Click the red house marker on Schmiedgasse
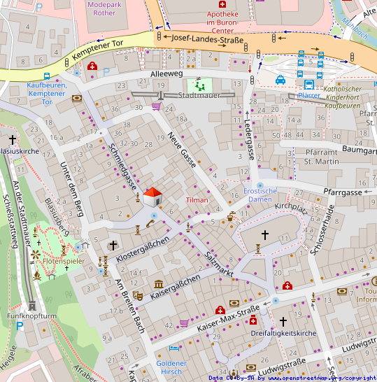(x=152, y=197)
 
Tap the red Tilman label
(x=197, y=199)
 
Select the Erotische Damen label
(x=260, y=195)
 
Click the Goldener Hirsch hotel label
(x=171, y=367)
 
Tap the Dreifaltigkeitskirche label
(x=284, y=334)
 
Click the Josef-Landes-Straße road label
(x=207, y=40)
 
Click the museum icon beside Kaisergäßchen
(x=159, y=284)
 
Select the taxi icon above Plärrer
(x=280, y=80)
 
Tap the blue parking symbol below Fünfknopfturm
(x=19, y=326)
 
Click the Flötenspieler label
(x=64, y=261)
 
